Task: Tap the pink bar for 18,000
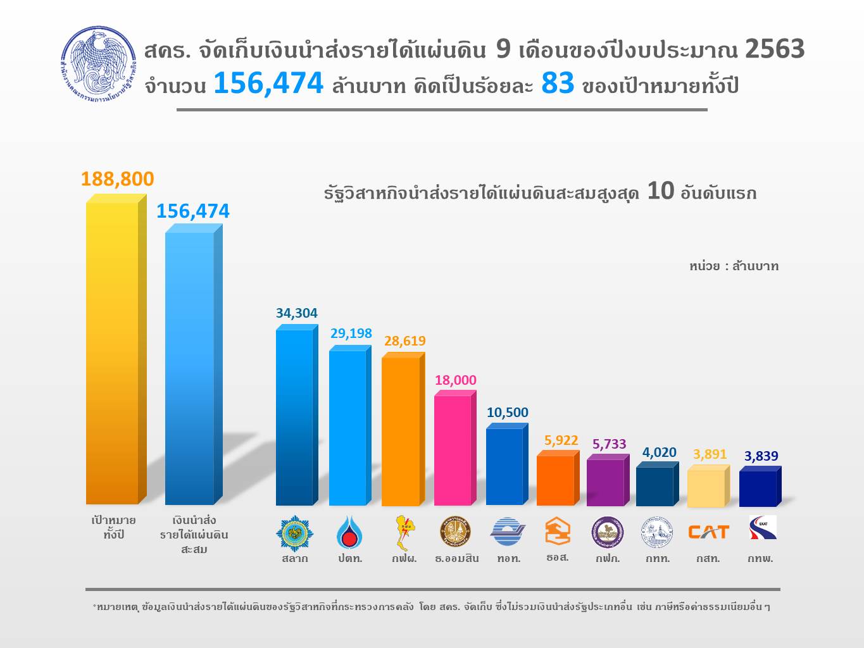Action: [453, 450]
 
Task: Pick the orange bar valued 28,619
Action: [400, 431]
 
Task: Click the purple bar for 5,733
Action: [605, 482]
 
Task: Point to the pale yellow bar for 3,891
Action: [705, 488]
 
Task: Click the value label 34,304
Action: [296, 313]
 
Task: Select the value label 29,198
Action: [351, 333]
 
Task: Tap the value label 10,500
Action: [507, 413]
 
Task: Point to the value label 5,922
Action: [561, 440]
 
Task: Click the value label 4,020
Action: [659, 452]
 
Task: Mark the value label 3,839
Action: [761, 456]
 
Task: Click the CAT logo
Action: [708, 532]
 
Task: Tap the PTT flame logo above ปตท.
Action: [349, 532]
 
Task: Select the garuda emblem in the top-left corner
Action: [98, 63]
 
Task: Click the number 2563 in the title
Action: [774, 49]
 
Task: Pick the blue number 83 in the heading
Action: [558, 84]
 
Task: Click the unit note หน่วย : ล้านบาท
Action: [734, 266]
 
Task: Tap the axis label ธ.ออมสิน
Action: [456, 559]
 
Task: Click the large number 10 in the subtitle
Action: [660, 191]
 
